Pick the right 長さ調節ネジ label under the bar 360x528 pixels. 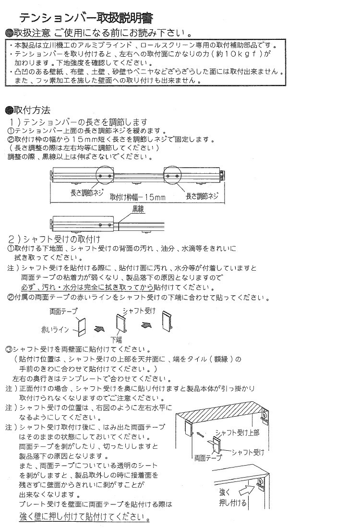pos(202,195)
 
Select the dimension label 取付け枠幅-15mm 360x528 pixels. pos(137,197)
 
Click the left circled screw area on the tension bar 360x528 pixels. pos(104,176)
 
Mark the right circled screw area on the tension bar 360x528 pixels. pos(173,176)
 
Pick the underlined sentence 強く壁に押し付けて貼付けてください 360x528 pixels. pos(84,517)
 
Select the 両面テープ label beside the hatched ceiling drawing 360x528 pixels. pos(207,458)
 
